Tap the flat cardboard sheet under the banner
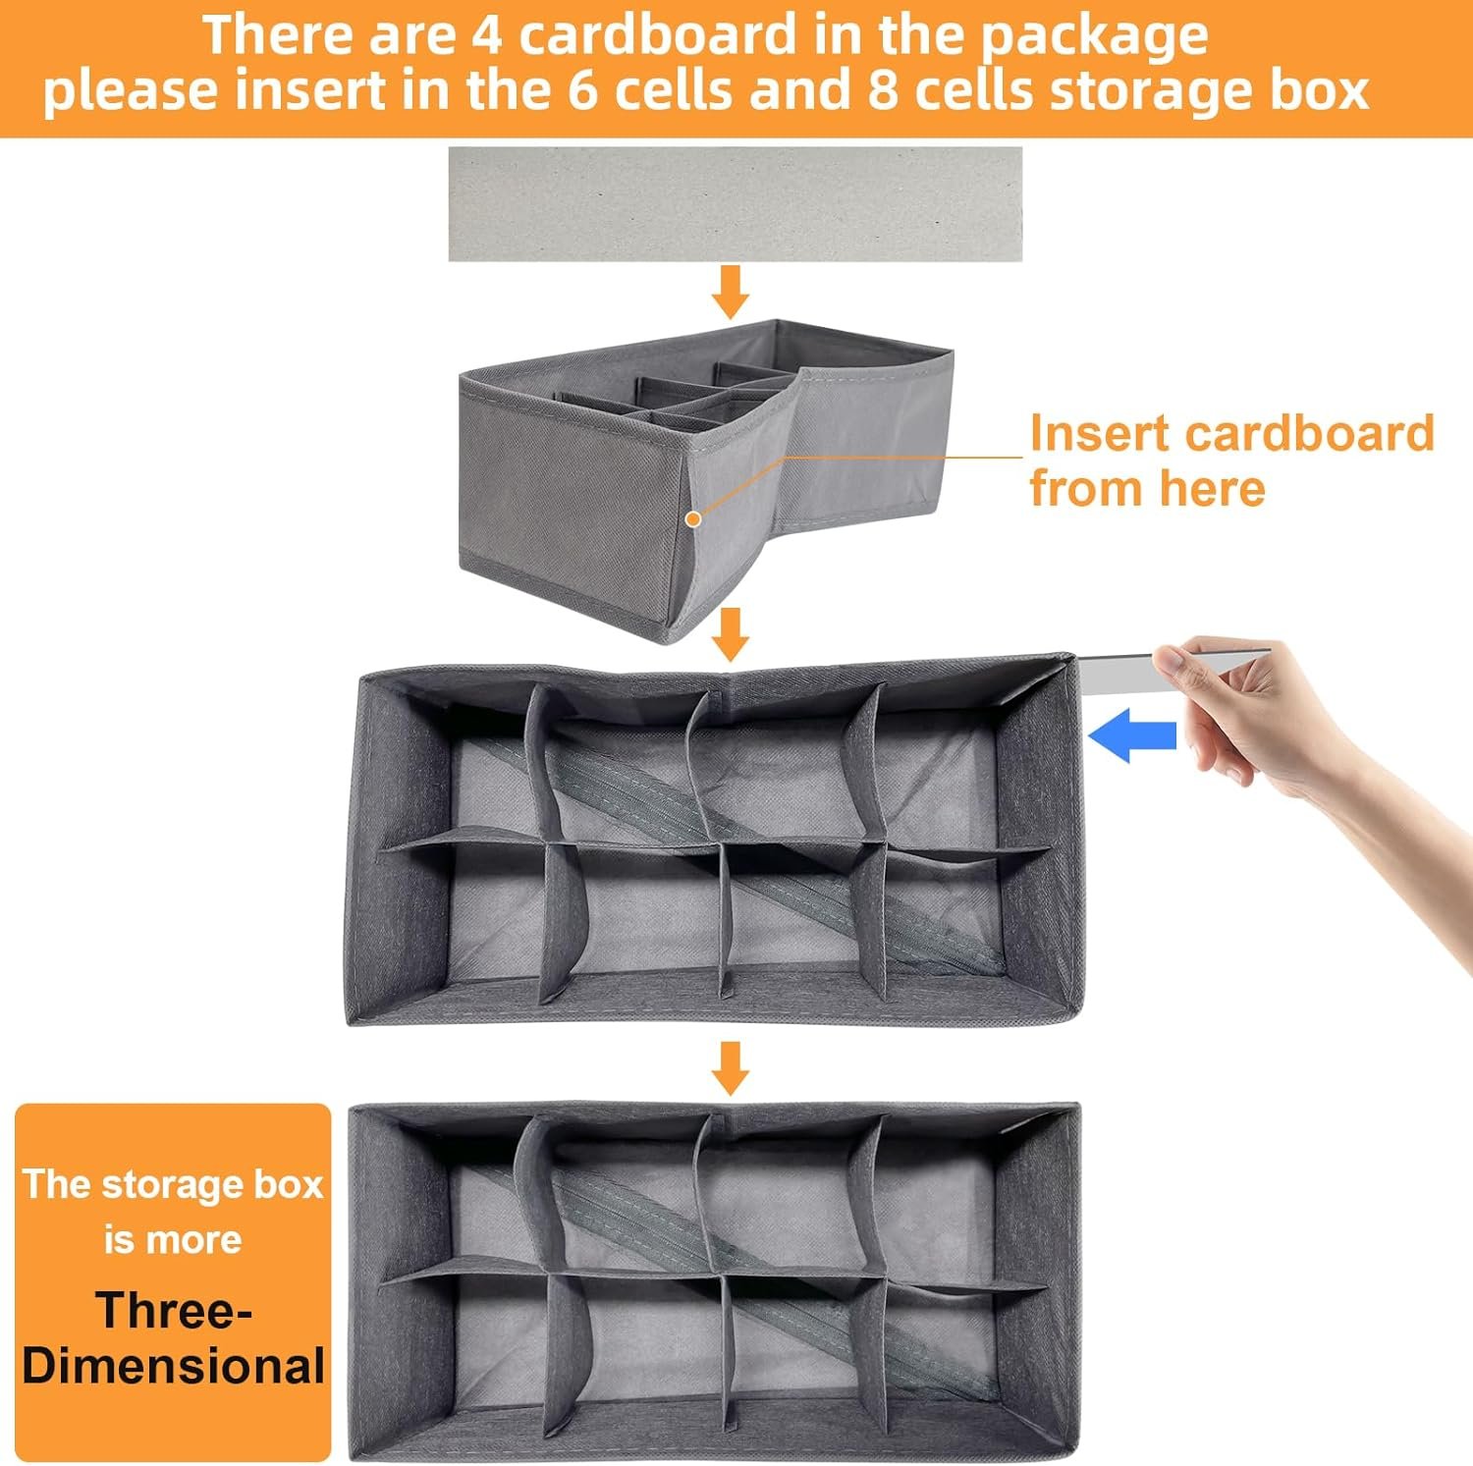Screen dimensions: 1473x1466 [735, 204]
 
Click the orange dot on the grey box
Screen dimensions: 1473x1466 [693, 518]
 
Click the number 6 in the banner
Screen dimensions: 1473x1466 [584, 90]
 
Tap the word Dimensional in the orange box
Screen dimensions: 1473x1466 [174, 1366]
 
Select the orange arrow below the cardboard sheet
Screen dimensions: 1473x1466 [730, 291]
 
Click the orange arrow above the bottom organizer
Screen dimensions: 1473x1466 [729, 1067]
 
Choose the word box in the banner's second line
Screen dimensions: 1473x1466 [1318, 90]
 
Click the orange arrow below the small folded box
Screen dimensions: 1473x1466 [730, 633]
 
